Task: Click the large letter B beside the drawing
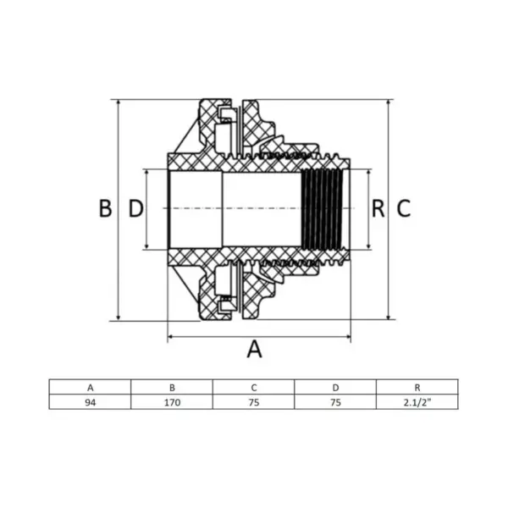pyautogui.click(x=105, y=208)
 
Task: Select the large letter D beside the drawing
pyautogui.click(x=135, y=208)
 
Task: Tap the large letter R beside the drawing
pyautogui.click(x=378, y=208)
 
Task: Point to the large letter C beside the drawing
pyautogui.click(x=404, y=208)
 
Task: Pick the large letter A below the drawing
pyautogui.click(x=254, y=349)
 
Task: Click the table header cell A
pyautogui.click(x=90, y=387)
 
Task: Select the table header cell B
pyautogui.click(x=172, y=387)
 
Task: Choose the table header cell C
pyautogui.click(x=254, y=387)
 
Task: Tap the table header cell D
pyautogui.click(x=335, y=387)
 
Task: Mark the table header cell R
pyautogui.click(x=417, y=387)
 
